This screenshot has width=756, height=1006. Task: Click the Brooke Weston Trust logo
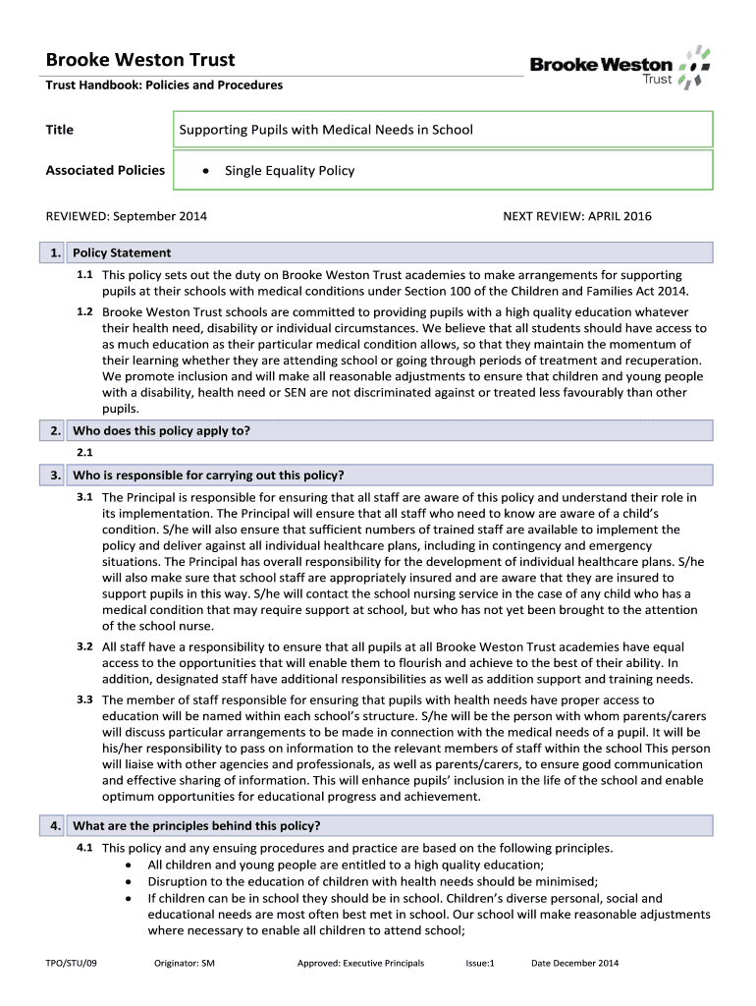(620, 66)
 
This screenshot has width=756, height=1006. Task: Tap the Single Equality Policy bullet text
(290, 170)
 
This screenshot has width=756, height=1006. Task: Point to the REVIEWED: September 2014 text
(127, 216)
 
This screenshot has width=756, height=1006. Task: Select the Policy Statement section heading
(122, 252)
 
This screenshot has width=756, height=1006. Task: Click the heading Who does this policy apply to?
(162, 430)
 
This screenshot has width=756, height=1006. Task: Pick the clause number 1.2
(84, 311)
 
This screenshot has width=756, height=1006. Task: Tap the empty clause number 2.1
(84, 452)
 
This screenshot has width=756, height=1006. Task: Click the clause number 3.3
(84, 699)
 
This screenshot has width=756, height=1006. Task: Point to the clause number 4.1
(84, 847)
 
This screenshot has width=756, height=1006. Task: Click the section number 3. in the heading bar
(56, 475)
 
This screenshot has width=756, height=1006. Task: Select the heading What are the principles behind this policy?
(196, 825)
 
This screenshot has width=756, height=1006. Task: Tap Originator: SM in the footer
(185, 963)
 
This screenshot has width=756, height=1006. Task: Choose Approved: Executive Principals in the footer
(360, 963)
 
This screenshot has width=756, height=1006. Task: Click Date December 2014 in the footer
(574, 963)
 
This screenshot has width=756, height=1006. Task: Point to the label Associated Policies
(105, 170)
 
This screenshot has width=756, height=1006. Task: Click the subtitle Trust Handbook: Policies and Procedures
(164, 85)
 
